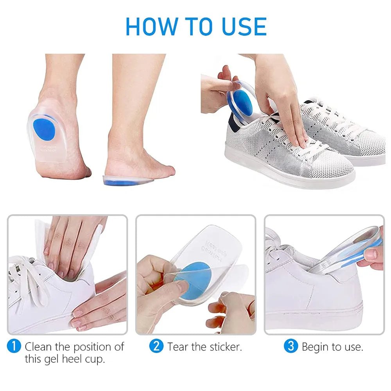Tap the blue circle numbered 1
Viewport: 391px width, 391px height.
pyautogui.click(x=14, y=346)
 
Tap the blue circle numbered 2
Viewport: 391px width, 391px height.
pyautogui.click(x=156, y=346)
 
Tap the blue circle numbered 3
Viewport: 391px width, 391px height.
pyautogui.click(x=291, y=346)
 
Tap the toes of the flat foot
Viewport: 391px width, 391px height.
pyautogui.click(x=166, y=170)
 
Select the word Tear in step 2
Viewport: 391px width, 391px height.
pyautogui.click(x=178, y=346)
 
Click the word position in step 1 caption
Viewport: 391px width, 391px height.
pyautogui.click(x=93, y=346)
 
